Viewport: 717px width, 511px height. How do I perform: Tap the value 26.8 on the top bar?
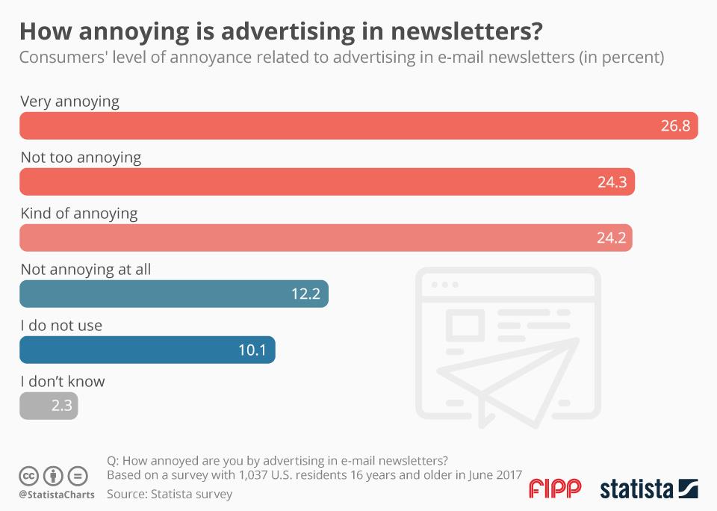tap(675, 126)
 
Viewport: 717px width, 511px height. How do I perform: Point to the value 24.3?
tap(612, 182)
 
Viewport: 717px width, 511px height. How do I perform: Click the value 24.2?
tap(609, 238)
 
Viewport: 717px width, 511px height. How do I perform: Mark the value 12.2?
tap(305, 294)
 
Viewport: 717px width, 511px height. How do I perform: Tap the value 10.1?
tap(252, 350)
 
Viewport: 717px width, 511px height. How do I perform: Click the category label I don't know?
tap(63, 381)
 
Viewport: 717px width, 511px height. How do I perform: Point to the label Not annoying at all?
tap(86, 269)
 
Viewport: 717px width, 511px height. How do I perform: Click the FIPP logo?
tap(554, 489)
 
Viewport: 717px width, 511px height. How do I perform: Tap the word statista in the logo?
tap(635, 489)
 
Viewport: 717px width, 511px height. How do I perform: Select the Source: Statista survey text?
tap(170, 494)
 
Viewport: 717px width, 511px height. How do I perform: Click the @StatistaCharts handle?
tap(57, 495)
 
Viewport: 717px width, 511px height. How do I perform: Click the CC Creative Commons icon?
tap(29, 475)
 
